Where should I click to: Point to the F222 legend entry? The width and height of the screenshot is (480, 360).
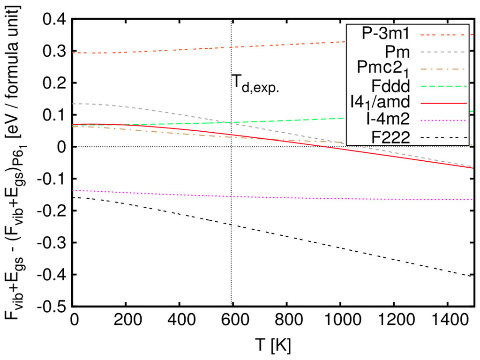click(393, 137)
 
